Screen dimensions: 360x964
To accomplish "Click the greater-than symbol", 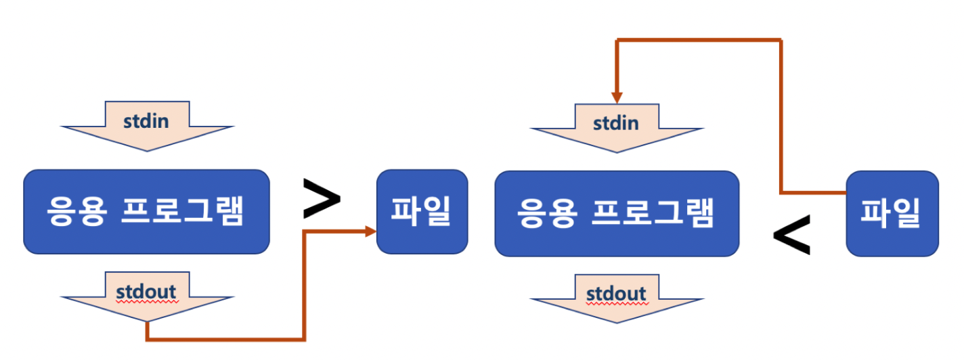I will (321, 199).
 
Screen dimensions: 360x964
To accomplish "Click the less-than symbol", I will (791, 235).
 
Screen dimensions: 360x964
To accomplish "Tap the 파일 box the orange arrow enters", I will (422, 212).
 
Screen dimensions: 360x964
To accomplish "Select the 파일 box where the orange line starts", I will (892, 213).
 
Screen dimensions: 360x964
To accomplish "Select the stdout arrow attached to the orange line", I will (147, 296).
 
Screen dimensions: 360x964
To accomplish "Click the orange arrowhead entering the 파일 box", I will (370, 231).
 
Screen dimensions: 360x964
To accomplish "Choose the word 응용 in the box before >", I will (75, 212).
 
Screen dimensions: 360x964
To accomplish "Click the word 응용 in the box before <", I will (546, 213).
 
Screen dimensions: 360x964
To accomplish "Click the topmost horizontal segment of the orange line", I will (697, 41).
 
